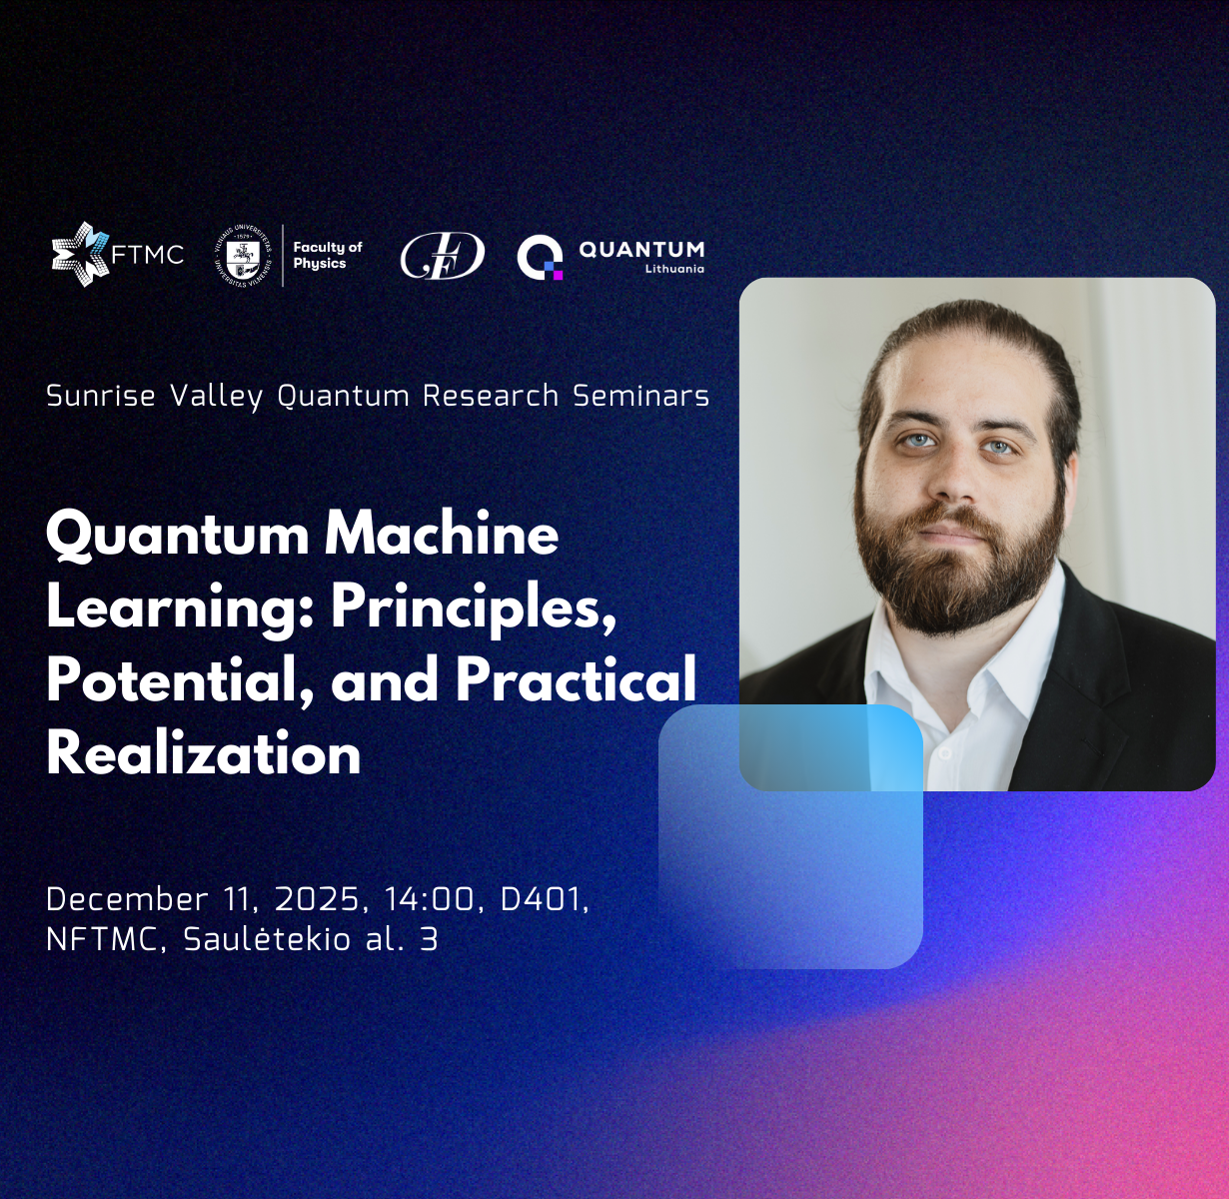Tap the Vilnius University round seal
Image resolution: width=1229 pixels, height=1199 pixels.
243,255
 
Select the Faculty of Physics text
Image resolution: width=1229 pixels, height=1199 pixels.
327,255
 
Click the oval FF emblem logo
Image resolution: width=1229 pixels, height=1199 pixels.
442,256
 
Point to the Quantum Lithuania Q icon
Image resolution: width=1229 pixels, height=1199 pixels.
540,257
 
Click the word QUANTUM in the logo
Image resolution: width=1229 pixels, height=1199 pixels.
641,249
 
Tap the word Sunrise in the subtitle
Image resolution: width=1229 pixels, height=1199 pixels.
101,396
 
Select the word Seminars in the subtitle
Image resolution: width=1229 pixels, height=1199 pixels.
640,396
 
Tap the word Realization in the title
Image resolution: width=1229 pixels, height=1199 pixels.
204,753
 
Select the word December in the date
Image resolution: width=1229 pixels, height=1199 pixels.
127,899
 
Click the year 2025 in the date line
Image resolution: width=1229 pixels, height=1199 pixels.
316,899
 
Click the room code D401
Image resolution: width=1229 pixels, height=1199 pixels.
541,899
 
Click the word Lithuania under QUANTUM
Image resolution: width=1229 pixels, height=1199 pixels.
674,269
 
